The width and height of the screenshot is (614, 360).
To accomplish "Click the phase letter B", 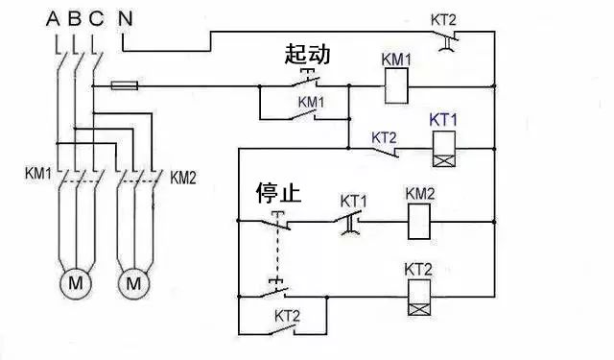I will pyautogui.click(x=75, y=17).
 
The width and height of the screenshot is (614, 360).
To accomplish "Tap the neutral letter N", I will pyautogui.click(x=126, y=17).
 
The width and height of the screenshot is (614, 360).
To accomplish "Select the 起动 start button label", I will pyautogui.click(x=307, y=54).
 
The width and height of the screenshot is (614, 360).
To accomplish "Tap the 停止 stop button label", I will pyautogui.click(x=278, y=193).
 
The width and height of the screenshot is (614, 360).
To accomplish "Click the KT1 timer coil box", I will pyautogui.click(x=444, y=145).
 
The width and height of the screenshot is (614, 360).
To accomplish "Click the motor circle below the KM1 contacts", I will pyautogui.click(x=74, y=283).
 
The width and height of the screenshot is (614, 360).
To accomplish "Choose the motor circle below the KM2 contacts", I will pyautogui.click(x=135, y=283).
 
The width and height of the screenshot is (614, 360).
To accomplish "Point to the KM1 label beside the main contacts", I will pyautogui.click(x=39, y=176).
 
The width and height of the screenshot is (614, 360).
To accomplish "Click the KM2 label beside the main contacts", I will pyautogui.click(x=183, y=177).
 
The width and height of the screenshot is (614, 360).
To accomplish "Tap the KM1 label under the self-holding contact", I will pyautogui.click(x=313, y=101).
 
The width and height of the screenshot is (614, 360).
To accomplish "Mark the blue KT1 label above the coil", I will pyautogui.click(x=442, y=119).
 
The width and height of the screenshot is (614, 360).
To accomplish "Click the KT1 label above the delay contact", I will pyautogui.click(x=354, y=201).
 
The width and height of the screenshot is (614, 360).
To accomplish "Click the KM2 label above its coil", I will pyautogui.click(x=420, y=194).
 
